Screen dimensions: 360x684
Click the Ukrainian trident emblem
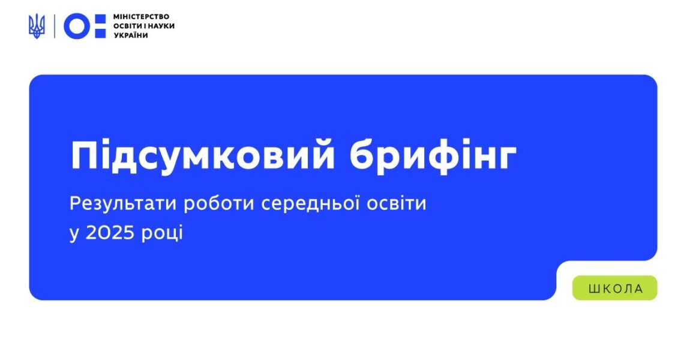click(x=37, y=26)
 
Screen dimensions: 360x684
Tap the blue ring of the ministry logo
click(x=76, y=26)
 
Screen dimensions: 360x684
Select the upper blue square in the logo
click(x=100, y=19)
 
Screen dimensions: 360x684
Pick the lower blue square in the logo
click(x=100, y=33)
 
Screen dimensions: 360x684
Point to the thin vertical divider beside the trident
click(x=55, y=26)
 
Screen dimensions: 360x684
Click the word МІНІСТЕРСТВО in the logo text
click(x=141, y=16)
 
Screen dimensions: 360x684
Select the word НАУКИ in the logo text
click(x=160, y=26)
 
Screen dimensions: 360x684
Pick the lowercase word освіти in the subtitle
click(x=400, y=203)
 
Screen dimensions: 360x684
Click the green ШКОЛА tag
click(x=615, y=289)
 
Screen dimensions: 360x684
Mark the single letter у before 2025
click(x=74, y=234)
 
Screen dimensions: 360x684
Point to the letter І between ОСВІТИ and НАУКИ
click(x=144, y=26)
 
